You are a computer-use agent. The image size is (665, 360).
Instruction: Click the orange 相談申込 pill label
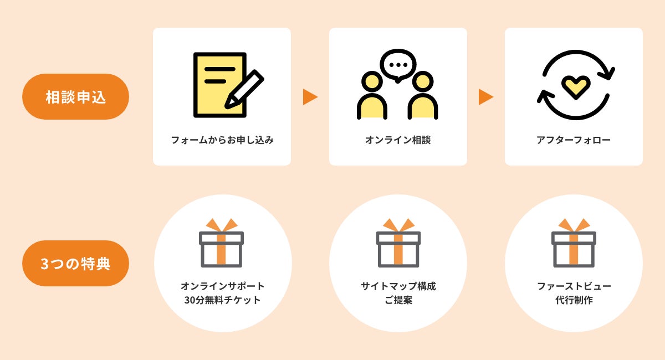[75, 97]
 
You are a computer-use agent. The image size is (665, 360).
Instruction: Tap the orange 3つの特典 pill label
[75, 264]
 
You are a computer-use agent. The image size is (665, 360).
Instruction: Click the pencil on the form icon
[244, 89]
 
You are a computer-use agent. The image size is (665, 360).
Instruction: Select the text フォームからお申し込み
[222, 140]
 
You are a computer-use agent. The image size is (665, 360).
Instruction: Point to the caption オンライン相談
[398, 140]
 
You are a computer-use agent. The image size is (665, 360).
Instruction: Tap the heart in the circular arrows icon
[576, 86]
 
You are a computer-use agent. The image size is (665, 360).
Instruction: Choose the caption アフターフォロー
[574, 140]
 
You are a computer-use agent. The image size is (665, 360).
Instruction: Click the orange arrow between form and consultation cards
[310, 97]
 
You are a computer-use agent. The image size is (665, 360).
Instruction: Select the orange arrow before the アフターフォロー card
[485, 97]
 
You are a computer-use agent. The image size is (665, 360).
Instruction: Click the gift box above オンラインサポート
[222, 244]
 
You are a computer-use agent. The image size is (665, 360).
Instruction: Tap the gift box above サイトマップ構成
[398, 244]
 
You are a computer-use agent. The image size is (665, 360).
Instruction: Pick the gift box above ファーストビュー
[574, 244]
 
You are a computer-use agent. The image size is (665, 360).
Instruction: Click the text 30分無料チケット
[222, 301]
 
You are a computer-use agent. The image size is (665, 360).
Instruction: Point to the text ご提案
[398, 301]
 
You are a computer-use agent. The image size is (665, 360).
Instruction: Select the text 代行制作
[574, 301]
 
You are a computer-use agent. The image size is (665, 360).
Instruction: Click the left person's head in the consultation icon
[372, 81]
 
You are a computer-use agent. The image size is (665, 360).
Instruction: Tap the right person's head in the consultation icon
[423, 81]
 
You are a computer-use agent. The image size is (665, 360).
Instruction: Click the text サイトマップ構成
[398, 286]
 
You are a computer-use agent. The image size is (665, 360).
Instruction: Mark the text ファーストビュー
[574, 286]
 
